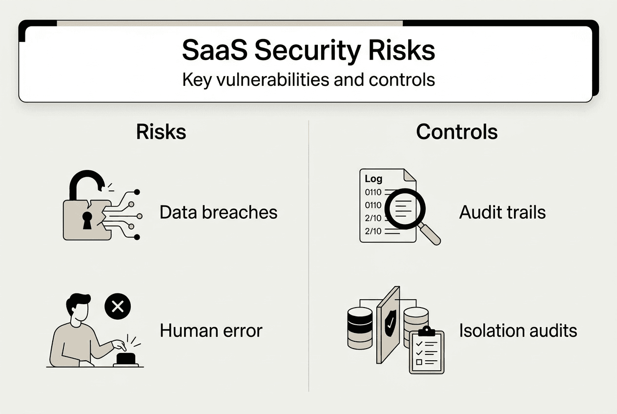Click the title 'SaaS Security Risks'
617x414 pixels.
pos(308,50)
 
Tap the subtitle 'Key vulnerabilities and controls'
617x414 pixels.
pos(308,80)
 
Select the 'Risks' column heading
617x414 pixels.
pos(161,132)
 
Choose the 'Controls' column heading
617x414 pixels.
pos(457,132)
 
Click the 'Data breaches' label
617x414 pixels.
pos(218,212)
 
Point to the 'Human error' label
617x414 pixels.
pos(211,331)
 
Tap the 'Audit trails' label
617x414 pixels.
pos(502,212)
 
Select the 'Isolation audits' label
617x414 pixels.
pos(518,331)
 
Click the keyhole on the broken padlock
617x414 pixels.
pos(87,220)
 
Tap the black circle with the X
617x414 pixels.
pos(118,307)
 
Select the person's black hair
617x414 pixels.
pos(78,303)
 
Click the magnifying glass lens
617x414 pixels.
pos(404,209)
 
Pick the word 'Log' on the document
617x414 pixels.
pos(374,179)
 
